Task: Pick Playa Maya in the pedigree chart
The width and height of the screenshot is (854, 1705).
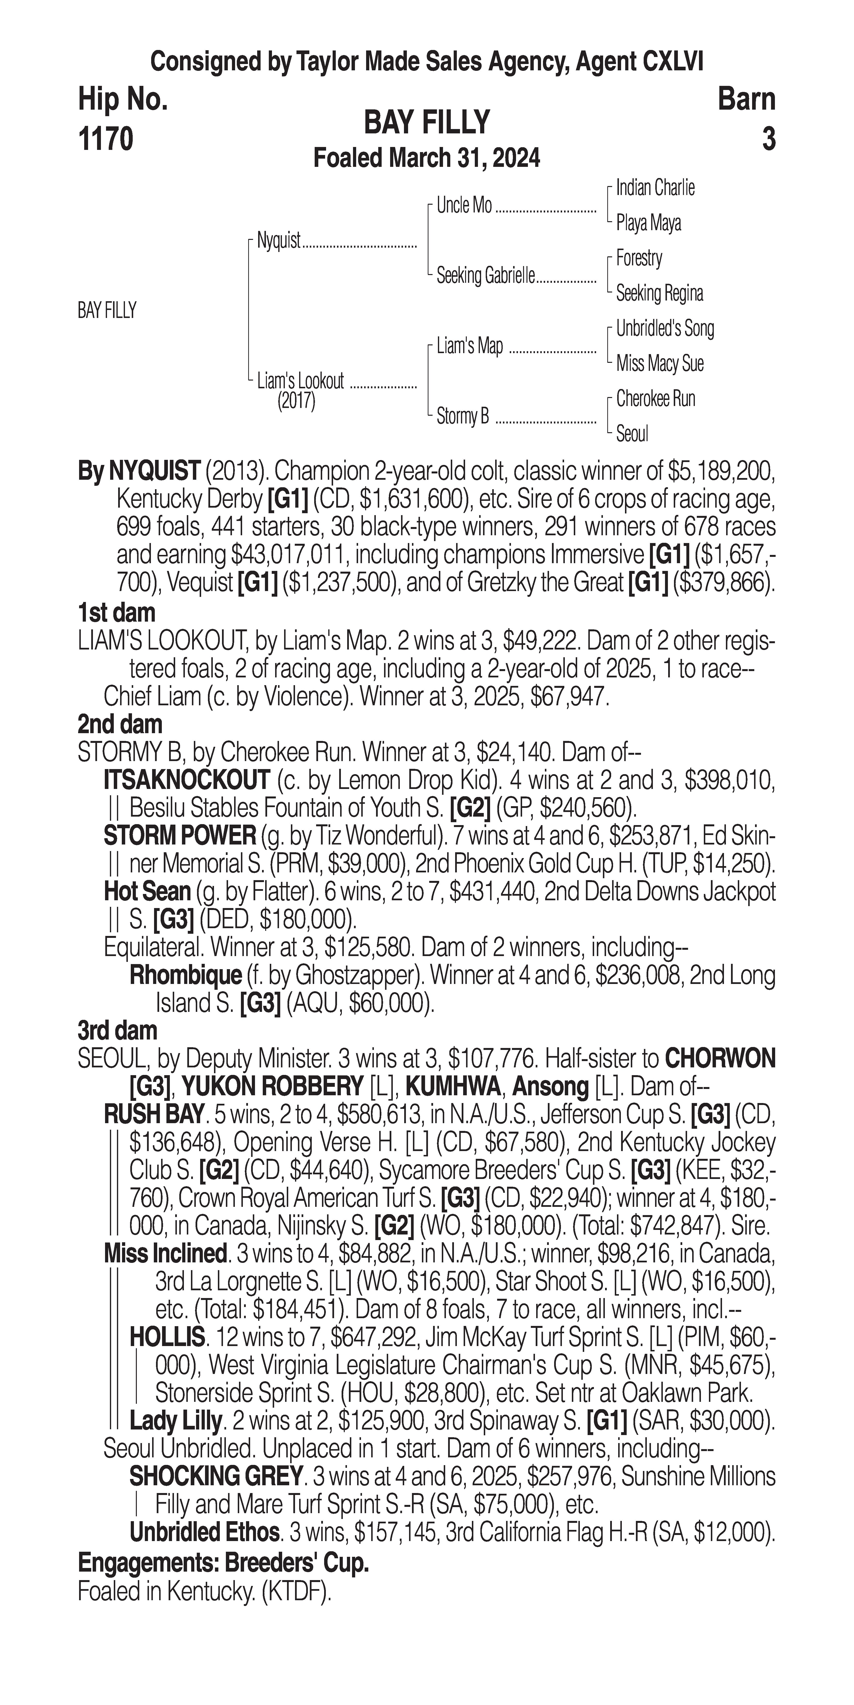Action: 648,223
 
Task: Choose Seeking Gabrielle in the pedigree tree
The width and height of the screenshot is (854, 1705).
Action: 485,276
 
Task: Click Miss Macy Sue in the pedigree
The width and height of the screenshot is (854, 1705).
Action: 659,363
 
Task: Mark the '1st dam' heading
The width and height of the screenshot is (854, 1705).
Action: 116,612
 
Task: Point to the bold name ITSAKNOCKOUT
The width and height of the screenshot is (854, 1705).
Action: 187,780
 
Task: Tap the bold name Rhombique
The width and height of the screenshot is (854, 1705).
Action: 185,975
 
